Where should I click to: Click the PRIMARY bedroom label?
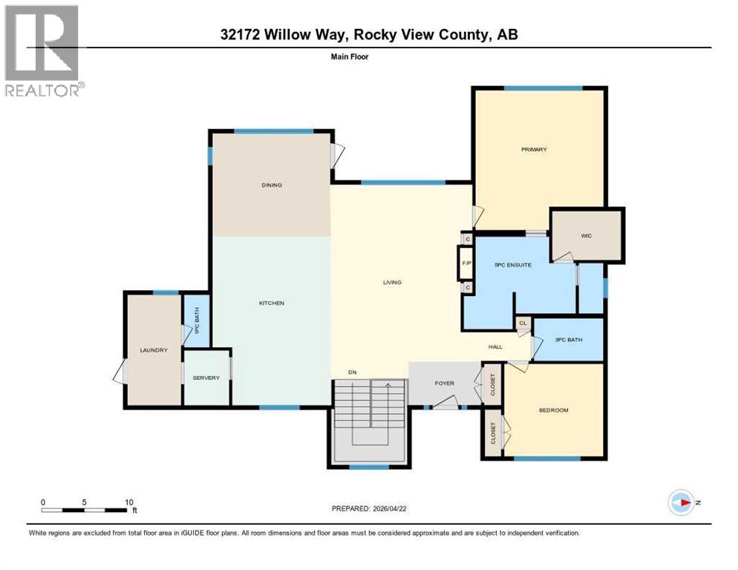(x=533, y=150)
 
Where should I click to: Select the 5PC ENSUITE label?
(x=512, y=265)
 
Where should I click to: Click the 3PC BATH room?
(x=568, y=340)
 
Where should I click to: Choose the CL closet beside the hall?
(x=523, y=323)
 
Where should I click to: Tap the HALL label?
(x=495, y=347)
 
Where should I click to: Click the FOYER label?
(x=444, y=383)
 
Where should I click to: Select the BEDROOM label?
(x=553, y=410)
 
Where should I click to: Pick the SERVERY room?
(x=206, y=378)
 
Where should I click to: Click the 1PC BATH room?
(x=197, y=327)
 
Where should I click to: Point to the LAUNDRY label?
(x=154, y=350)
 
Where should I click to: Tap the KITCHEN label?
(x=271, y=303)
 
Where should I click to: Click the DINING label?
(x=272, y=185)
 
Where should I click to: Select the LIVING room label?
(x=392, y=282)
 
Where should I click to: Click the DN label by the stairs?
(x=353, y=373)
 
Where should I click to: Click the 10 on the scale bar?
(x=130, y=502)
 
